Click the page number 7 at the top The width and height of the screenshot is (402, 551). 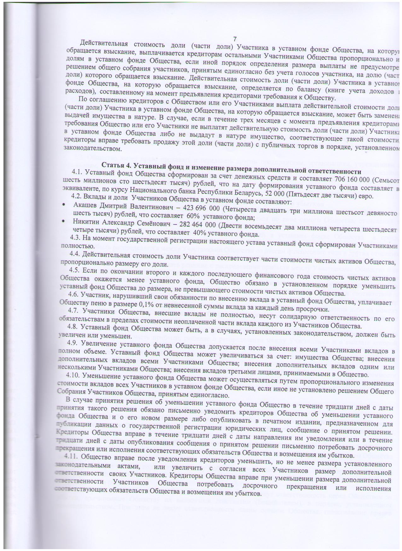click(235, 39)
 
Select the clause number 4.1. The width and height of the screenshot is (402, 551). click(77, 172)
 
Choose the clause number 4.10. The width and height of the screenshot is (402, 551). click(73, 375)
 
